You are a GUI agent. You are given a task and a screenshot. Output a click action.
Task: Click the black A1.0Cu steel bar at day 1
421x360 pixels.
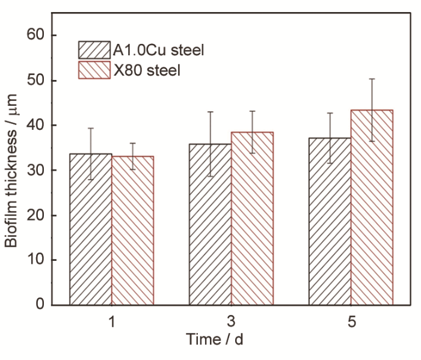91,229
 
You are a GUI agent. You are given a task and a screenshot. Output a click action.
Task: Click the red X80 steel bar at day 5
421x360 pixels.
372,207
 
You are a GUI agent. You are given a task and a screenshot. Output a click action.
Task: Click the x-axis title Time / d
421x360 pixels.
215,340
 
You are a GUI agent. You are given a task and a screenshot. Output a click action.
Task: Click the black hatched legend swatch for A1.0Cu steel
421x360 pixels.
94,49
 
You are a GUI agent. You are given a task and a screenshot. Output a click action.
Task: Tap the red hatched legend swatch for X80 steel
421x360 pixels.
94,70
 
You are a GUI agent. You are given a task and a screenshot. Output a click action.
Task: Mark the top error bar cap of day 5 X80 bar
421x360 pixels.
372,79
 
